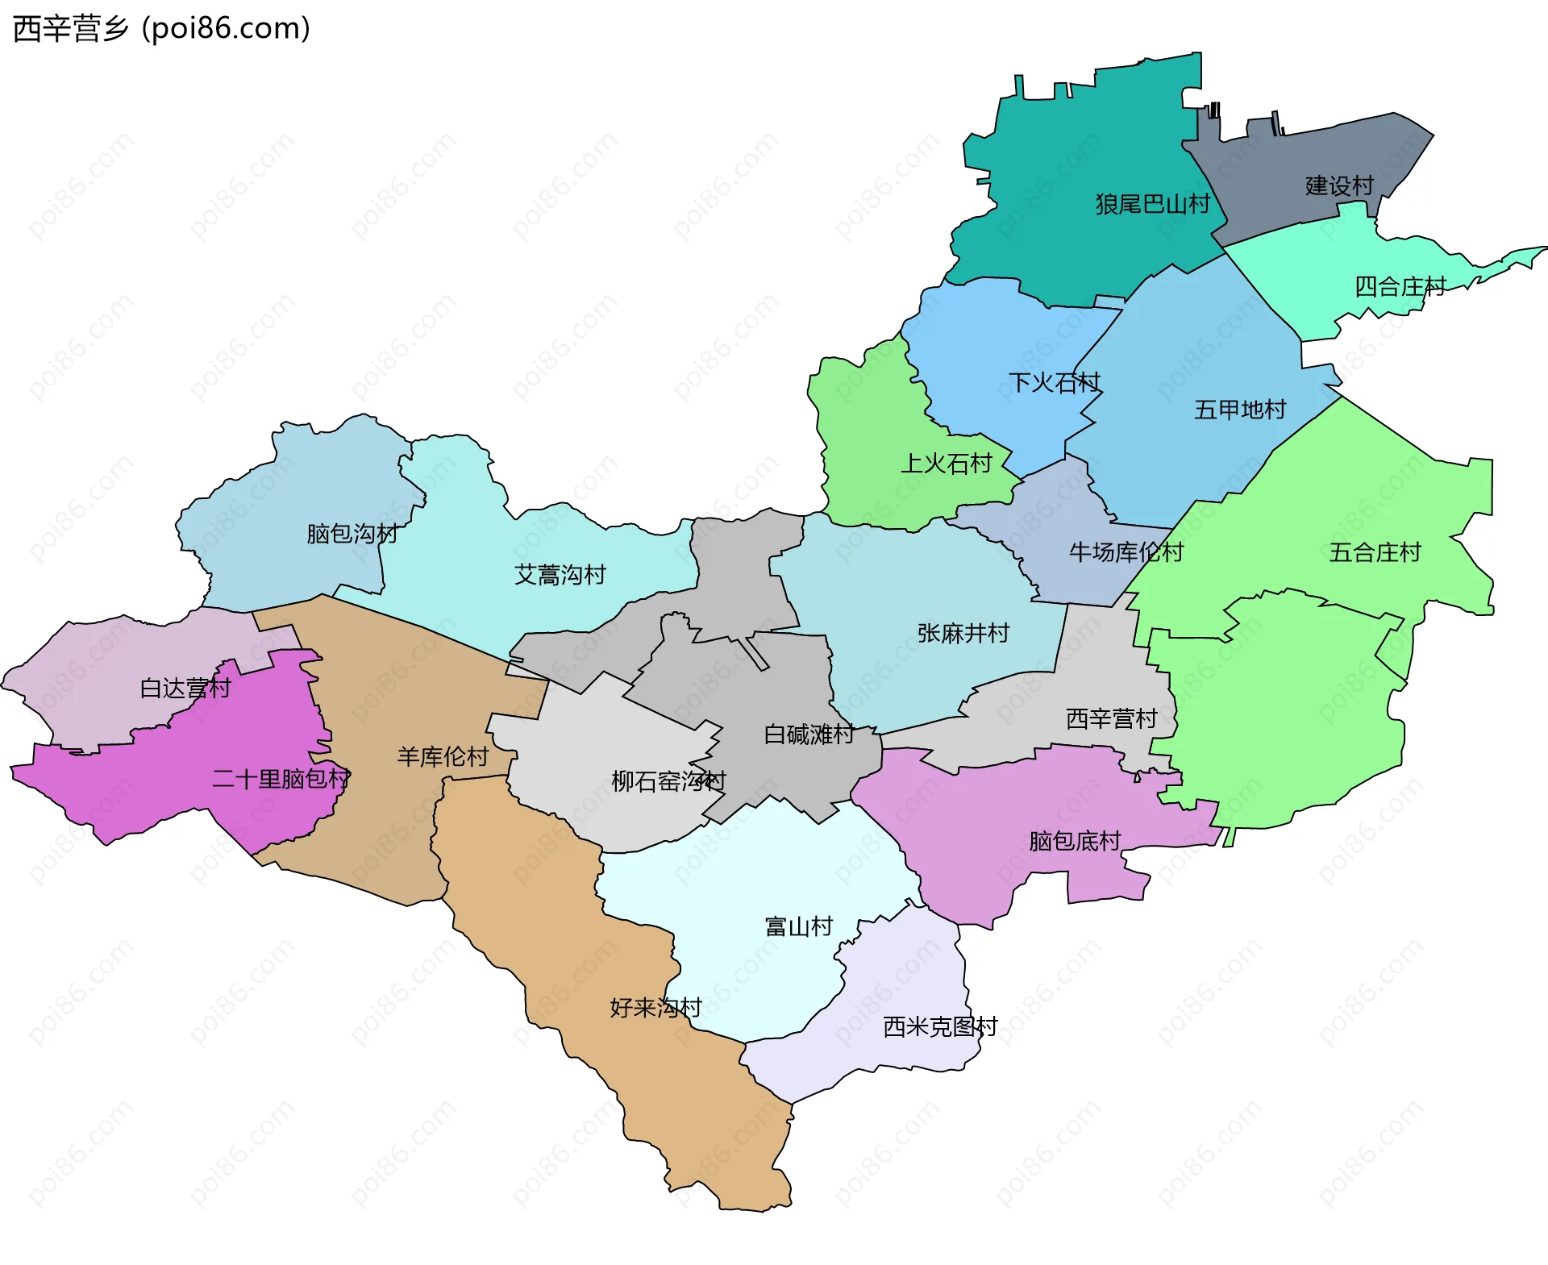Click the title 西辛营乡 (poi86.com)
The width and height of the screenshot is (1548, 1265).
click(x=161, y=29)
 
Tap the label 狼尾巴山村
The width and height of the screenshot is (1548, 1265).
click(x=1152, y=204)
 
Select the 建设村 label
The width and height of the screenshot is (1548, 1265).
click(x=1339, y=186)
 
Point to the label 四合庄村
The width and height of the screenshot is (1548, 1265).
click(x=1400, y=287)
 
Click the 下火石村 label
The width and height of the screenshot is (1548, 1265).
click(x=1054, y=382)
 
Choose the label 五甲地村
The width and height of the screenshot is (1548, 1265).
click(x=1239, y=410)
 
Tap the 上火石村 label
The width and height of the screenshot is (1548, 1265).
click(x=946, y=464)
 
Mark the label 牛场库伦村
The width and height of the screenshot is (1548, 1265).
click(x=1126, y=552)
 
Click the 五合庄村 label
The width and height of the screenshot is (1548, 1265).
click(x=1375, y=552)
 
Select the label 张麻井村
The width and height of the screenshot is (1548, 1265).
click(x=963, y=633)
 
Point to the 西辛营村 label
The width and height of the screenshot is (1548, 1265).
click(x=1111, y=718)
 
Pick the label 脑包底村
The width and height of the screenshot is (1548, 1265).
click(x=1075, y=841)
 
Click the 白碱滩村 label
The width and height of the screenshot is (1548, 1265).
click(x=809, y=734)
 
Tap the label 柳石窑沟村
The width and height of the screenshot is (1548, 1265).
click(x=668, y=781)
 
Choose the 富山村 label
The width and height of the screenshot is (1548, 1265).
click(x=798, y=926)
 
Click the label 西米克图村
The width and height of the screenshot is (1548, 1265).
click(x=940, y=1026)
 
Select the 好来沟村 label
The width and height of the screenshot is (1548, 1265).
click(x=655, y=1008)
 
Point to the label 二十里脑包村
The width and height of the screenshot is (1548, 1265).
click(x=281, y=779)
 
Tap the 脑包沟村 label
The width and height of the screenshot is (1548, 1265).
click(x=352, y=534)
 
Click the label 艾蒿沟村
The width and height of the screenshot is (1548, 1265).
click(x=560, y=575)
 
